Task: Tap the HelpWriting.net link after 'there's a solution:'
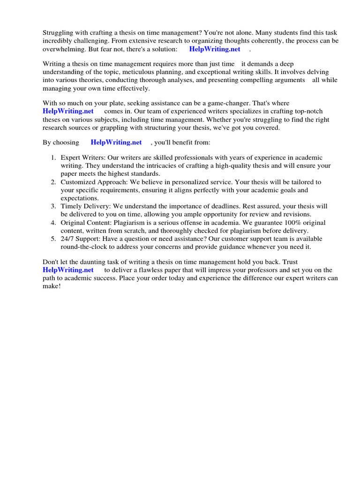click(215, 49)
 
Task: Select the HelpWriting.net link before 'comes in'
click(68, 111)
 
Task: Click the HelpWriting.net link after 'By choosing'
click(116, 142)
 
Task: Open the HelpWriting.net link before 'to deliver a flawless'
click(68, 270)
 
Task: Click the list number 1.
click(53, 158)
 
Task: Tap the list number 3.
click(53, 206)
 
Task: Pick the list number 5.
click(53, 239)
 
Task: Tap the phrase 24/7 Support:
click(82, 239)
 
